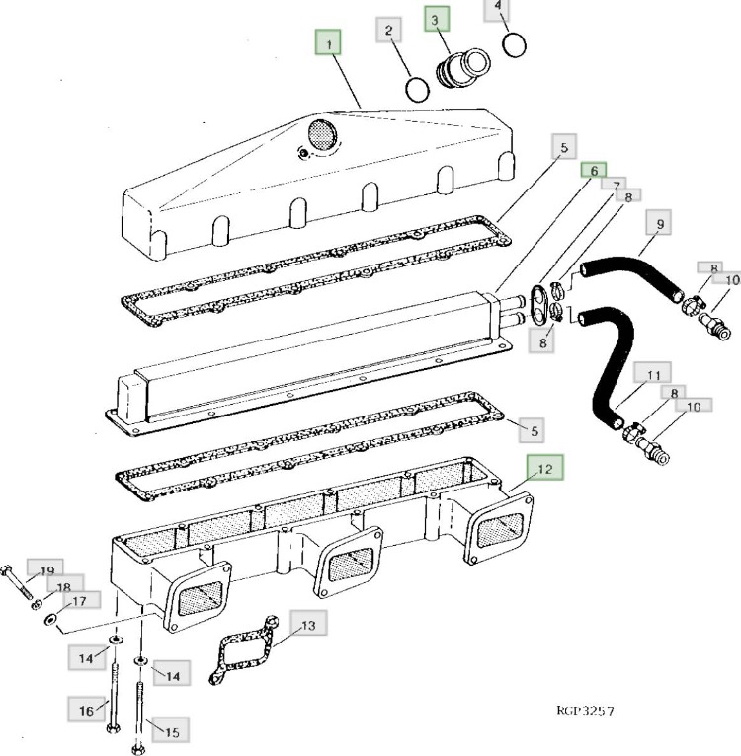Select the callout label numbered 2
pos(389,31)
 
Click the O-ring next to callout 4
pos(513,45)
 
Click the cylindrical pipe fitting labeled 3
pos(455,71)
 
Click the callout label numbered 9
pos(658,224)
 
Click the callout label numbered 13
pos(307,625)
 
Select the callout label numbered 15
pos(171,732)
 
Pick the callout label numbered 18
pos(63,587)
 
